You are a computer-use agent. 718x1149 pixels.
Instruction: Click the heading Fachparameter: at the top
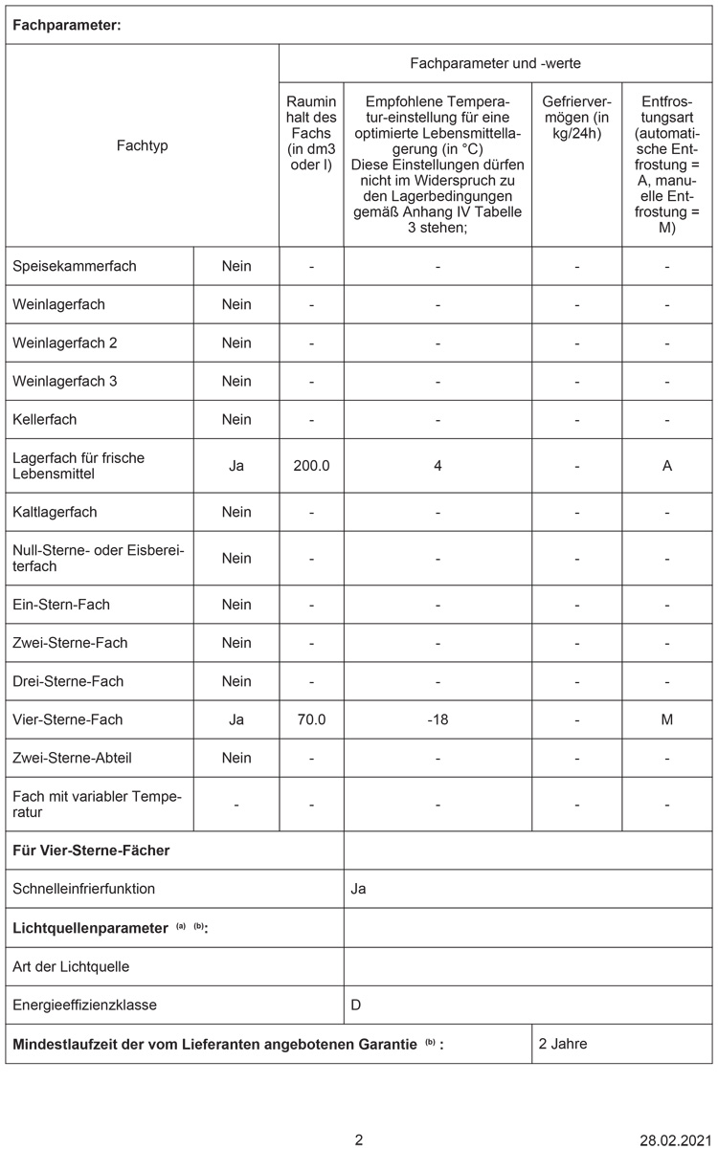click(x=66, y=26)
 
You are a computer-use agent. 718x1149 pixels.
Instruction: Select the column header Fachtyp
click(x=142, y=146)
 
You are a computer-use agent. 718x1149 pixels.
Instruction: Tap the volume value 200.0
click(x=311, y=466)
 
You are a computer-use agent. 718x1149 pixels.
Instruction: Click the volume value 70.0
click(x=311, y=719)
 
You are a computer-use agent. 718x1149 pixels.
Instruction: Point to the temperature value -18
click(x=438, y=719)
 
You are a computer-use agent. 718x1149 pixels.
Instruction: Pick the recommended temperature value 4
click(x=438, y=466)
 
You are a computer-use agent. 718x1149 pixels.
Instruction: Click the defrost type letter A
click(x=667, y=466)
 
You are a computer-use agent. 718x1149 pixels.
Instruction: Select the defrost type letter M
click(x=667, y=719)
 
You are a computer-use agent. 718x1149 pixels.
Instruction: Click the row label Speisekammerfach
click(x=75, y=266)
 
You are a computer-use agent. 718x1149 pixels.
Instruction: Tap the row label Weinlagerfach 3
click(x=65, y=381)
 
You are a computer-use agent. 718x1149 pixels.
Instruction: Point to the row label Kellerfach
click(x=45, y=419)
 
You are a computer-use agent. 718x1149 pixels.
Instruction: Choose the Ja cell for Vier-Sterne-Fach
click(x=236, y=719)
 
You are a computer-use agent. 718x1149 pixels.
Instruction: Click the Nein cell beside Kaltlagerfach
click(x=236, y=512)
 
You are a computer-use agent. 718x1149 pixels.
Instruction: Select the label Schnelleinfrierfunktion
click(x=84, y=889)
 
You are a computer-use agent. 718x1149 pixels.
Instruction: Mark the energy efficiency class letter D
click(x=356, y=1005)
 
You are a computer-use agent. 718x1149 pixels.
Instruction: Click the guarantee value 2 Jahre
click(x=563, y=1044)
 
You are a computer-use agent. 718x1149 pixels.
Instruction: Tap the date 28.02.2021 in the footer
click(x=676, y=1139)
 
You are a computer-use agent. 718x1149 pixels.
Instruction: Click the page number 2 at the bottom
click(x=359, y=1139)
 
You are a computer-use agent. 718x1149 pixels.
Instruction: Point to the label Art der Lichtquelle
click(x=71, y=966)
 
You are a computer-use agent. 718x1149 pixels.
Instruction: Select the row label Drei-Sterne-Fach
click(x=68, y=681)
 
